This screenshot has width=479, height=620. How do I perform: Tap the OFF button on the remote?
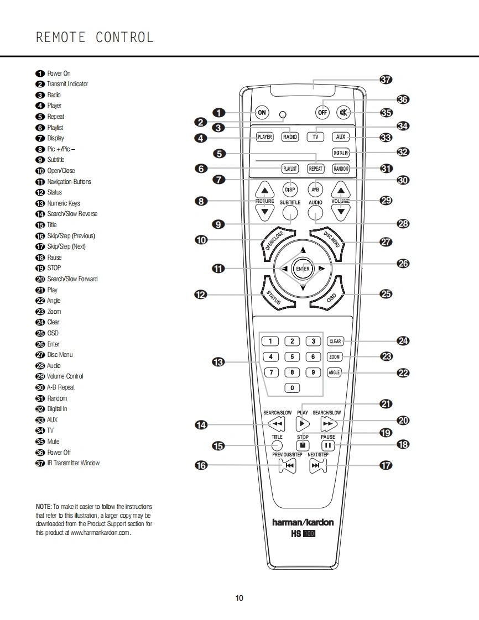[x=322, y=112]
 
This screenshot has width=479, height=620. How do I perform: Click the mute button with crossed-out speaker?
[x=344, y=112]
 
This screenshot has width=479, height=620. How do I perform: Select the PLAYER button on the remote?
[x=265, y=136]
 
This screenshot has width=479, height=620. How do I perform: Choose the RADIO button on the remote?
[x=290, y=136]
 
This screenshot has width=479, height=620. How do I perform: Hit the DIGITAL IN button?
[x=341, y=153]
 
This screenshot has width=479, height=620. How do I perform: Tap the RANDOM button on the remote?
[x=341, y=169]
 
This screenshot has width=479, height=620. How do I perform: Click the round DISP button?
[x=290, y=190]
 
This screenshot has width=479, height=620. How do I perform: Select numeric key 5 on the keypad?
[x=292, y=357]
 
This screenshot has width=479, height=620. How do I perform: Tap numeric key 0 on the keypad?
[x=292, y=388]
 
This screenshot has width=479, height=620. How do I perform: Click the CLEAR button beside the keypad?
[x=335, y=341]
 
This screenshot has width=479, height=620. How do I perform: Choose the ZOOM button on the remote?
[x=335, y=357]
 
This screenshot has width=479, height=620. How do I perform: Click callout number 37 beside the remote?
[x=386, y=79]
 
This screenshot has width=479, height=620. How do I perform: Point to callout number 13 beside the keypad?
[x=218, y=362]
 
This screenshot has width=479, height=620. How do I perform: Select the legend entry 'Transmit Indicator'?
[x=67, y=84]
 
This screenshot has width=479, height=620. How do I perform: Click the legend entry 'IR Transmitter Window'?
[x=73, y=463]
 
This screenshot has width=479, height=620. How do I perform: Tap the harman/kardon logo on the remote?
[x=303, y=522]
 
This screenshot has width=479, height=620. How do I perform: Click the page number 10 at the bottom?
[x=239, y=598]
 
